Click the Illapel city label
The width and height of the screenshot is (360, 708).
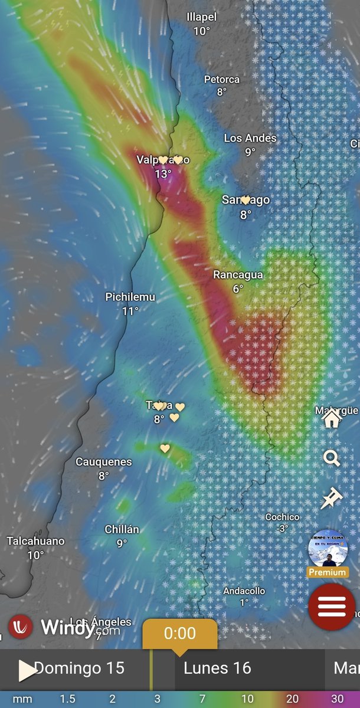coord(202,17)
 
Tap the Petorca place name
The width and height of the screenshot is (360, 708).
coord(222,79)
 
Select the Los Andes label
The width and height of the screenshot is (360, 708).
coord(250,138)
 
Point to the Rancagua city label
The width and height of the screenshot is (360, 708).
coord(238,275)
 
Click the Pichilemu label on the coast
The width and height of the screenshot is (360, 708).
coord(130,297)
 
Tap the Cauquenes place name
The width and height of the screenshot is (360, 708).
coord(103,462)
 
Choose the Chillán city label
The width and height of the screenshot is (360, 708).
coord(122,529)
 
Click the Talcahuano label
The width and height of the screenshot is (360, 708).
coord(35,541)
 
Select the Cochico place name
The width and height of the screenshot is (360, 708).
coord(282,517)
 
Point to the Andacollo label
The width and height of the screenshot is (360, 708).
coord(244,591)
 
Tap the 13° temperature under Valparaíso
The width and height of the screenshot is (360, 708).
coord(163,174)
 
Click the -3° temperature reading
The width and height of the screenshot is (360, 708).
coord(282,529)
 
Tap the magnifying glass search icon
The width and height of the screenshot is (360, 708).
coord(332,458)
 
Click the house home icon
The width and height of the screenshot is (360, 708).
coord(332,418)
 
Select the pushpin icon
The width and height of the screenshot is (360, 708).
coord(331,498)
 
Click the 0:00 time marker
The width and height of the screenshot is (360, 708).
coord(179,634)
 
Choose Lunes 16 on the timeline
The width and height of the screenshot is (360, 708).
coord(217,668)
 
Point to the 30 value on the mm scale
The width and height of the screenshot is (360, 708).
coord(337,699)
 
